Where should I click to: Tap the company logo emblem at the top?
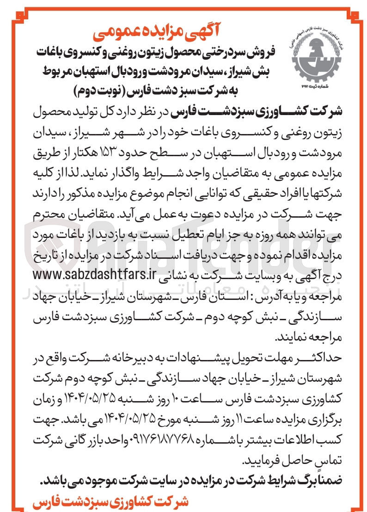coord(315,56)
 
